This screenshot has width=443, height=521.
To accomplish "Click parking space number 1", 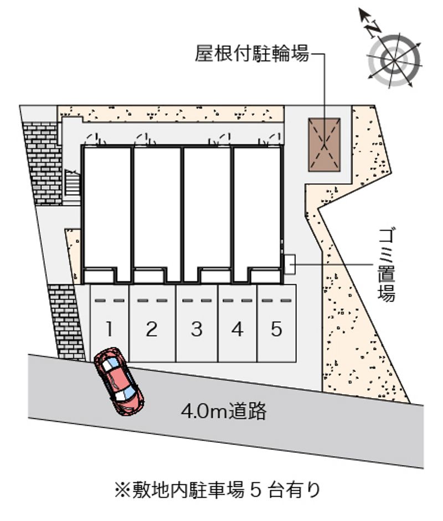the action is coord(109,323).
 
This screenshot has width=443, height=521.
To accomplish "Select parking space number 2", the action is coord(152,323).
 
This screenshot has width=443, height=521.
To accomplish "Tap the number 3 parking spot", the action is coord(197,323).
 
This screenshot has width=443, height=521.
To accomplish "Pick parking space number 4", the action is coord(238,323).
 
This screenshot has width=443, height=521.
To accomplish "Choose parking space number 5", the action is coord(277,323).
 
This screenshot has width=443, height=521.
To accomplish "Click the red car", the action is coord(119,381).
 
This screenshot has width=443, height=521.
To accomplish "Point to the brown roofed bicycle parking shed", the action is coord(324,145).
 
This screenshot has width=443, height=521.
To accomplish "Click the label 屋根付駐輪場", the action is coord(252,54).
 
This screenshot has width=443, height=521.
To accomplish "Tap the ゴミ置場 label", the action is coord(387,265).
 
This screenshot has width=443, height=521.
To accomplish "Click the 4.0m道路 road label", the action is coord(224,411).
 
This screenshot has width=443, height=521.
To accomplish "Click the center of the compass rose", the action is coord(394,60).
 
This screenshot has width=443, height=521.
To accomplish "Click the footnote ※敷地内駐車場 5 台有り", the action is coord(218,491).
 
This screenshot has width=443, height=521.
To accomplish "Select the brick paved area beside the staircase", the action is coord(42,163).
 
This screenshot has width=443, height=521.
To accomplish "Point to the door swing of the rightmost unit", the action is coord(271,139).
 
